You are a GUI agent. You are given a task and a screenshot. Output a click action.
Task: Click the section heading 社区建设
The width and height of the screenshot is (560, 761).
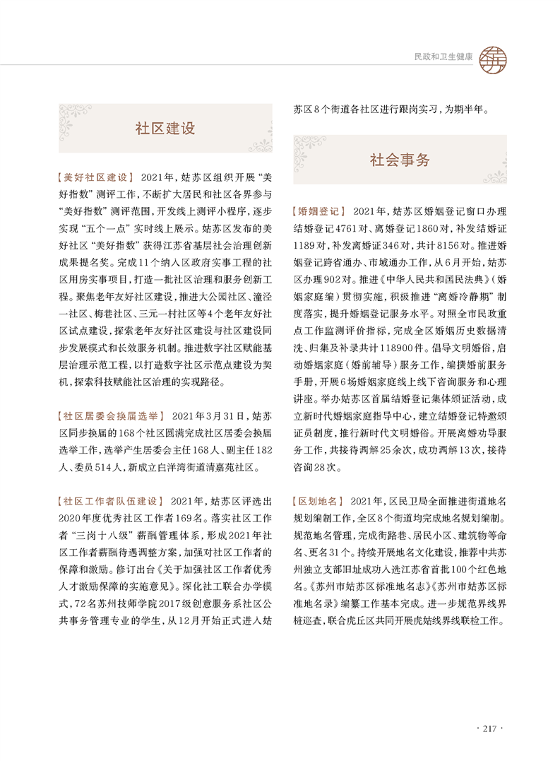pos(165,129)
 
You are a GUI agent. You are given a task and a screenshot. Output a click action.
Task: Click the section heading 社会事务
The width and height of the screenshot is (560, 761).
pos(399,160)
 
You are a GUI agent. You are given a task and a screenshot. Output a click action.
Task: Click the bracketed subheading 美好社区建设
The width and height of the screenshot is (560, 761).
pos(94,177)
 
